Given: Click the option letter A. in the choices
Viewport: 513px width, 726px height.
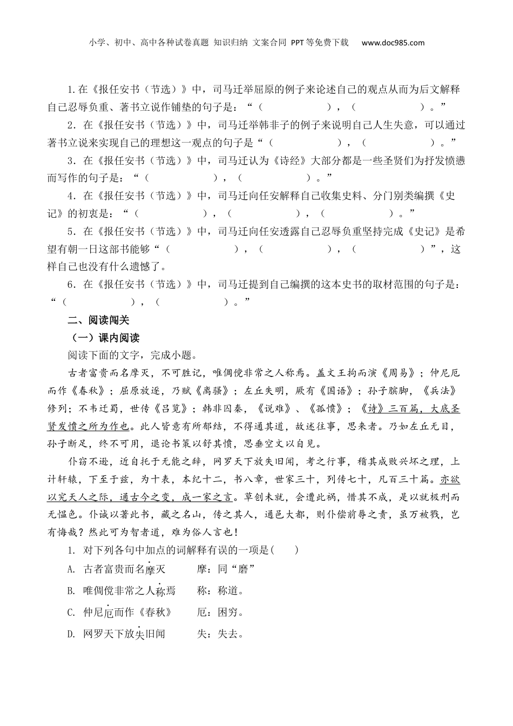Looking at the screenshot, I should pyautogui.click(x=71, y=569).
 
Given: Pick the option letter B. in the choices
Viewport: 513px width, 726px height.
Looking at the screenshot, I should pyautogui.click(x=71, y=590).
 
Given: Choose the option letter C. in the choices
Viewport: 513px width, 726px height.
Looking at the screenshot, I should pyautogui.click(x=71, y=612).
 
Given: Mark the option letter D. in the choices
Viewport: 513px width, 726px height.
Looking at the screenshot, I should pyautogui.click(x=71, y=634).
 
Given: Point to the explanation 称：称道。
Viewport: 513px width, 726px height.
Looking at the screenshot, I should pyautogui.click(x=221, y=590).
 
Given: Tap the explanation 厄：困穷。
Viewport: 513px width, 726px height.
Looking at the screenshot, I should pyautogui.click(x=221, y=612).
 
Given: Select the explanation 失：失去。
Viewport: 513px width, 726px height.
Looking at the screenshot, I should pyautogui.click(x=221, y=634).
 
